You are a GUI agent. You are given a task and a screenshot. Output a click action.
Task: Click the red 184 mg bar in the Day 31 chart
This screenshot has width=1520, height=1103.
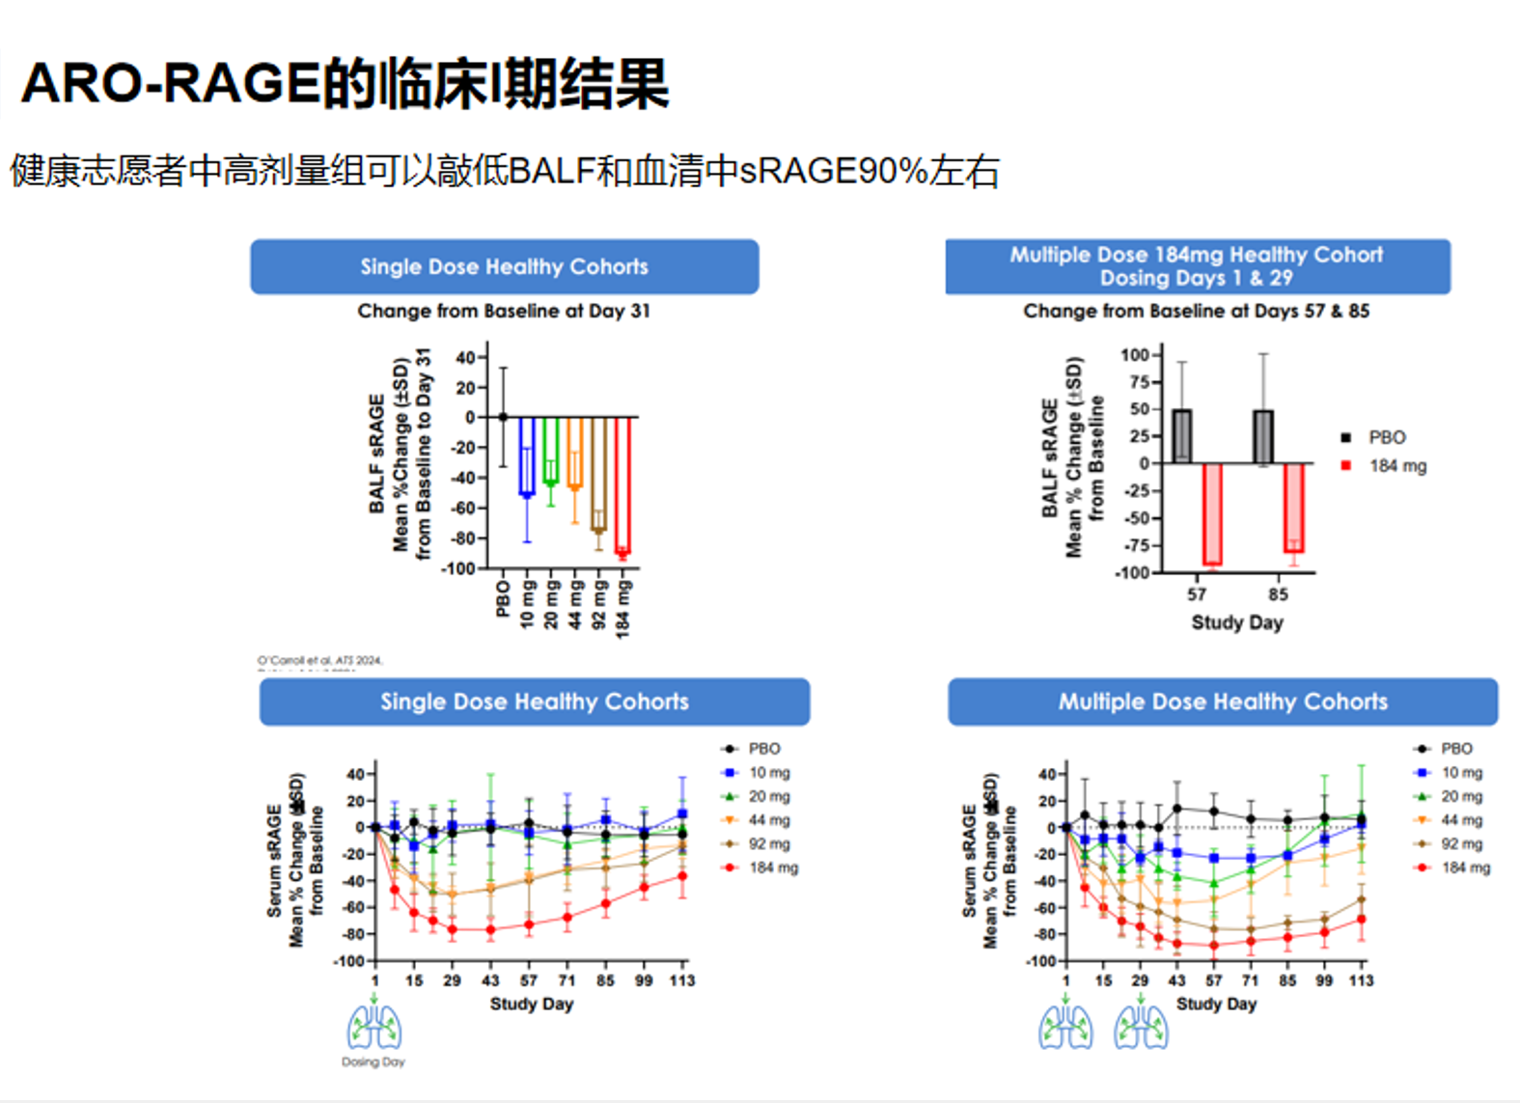click(x=622, y=484)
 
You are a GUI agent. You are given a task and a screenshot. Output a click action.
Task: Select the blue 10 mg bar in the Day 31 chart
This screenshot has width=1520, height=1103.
click(x=527, y=456)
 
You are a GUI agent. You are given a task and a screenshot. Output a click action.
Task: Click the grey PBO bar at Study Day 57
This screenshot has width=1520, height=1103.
click(x=1181, y=436)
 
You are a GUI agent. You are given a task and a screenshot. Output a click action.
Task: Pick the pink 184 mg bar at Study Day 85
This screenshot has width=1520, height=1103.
click(x=1294, y=508)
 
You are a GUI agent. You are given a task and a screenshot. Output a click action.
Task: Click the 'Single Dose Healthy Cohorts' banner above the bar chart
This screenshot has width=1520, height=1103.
click(x=504, y=267)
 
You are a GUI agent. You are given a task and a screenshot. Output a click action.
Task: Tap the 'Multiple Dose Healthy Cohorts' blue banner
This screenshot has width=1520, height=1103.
click(x=1222, y=702)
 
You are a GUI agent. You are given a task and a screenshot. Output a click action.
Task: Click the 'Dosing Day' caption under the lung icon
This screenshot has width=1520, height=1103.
click(x=373, y=1062)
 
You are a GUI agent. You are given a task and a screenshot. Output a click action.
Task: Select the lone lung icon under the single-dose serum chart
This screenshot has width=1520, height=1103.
click(x=374, y=1027)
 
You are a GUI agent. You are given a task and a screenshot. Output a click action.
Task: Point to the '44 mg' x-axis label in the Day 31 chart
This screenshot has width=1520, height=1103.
click(x=576, y=604)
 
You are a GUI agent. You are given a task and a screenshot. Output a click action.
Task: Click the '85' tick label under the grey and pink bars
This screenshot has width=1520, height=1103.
click(x=1278, y=594)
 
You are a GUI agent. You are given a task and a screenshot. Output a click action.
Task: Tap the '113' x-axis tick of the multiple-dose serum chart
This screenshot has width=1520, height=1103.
click(x=1361, y=980)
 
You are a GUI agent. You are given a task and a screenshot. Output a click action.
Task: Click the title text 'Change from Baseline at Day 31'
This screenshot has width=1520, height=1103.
click(x=504, y=311)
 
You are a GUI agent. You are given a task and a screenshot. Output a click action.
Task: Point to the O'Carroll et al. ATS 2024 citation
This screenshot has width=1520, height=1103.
click(x=319, y=661)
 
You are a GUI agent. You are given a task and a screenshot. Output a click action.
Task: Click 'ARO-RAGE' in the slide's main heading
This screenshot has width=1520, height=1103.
click(x=170, y=83)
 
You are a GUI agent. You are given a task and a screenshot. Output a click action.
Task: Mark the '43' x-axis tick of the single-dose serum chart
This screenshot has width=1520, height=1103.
click(x=490, y=980)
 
